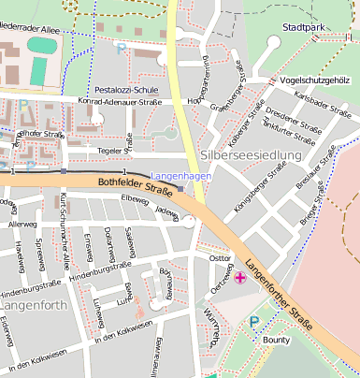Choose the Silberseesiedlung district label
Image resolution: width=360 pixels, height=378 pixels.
tap(251, 154)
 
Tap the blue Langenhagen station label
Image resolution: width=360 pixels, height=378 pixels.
tap(180, 175)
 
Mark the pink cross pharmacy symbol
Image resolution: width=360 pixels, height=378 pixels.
tap(240, 277)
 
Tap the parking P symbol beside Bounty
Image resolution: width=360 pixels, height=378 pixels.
tap(254, 322)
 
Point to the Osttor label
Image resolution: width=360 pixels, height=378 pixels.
tap(220, 257)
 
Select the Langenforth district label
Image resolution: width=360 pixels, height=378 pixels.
tap(31, 306)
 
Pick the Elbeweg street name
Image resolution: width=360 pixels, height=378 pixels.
tap(135, 200)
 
